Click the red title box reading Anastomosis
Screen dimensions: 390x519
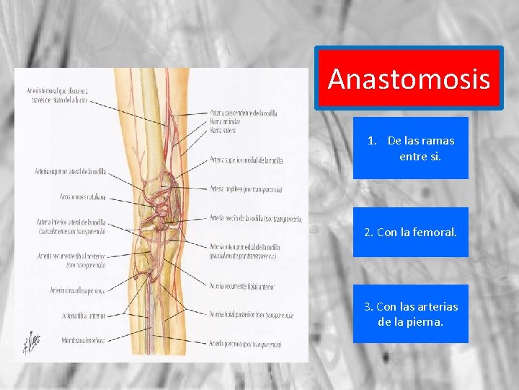click(x=409, y=79)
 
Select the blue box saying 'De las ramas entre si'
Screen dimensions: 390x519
click(x=411, y=148)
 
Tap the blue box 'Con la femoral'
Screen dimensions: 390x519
click(x=411, y=233)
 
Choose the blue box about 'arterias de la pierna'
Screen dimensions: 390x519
click(x=411, y=313)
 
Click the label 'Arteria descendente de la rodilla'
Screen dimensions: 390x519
click(x=244, y=113)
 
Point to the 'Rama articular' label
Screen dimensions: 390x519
click(x=226, y=122)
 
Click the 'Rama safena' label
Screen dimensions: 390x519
click(x=223, y=131)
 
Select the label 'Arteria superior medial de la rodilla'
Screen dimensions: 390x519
click(x=246, y=159)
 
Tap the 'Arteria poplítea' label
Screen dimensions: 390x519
click(x=245, y=189)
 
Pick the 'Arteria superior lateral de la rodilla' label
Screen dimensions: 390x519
click(x=70, y=171)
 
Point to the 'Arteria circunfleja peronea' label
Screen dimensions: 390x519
click(x=78, y=290)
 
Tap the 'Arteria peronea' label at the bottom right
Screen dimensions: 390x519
click(x=245, y=344)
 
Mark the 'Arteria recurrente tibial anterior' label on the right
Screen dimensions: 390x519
click(x=241, y=287)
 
